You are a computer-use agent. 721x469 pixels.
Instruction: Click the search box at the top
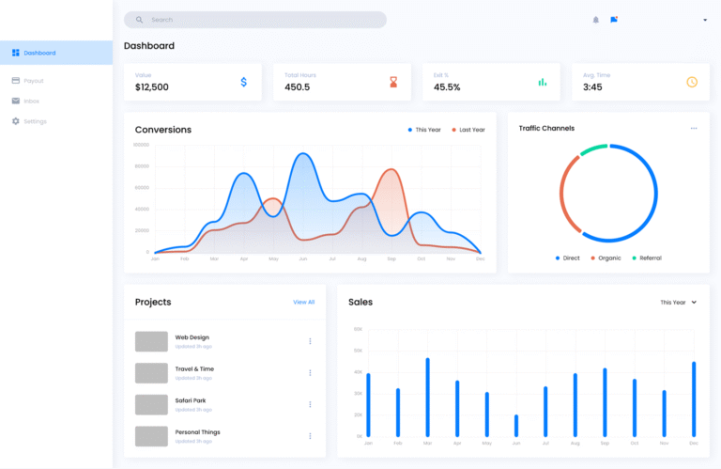(254, 20)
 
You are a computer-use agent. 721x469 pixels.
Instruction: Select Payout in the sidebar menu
(33, 81)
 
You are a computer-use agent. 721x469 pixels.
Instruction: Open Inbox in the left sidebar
(31, 101)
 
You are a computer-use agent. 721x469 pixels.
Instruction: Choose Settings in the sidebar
(34, 121)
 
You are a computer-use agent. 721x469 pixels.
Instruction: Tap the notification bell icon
(595, 20)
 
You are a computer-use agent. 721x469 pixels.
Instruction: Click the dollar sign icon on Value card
(244, 82)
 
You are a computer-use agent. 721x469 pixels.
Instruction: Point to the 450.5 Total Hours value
(298, 87)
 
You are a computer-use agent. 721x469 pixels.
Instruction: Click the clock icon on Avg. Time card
(692, 82)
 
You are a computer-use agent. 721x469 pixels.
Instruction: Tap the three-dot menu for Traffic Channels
(694, 128)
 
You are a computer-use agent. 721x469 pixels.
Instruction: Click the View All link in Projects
(303, 302)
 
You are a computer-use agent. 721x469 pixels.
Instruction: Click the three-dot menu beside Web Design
(310, 341)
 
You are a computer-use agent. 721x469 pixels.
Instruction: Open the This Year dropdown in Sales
(678, 303)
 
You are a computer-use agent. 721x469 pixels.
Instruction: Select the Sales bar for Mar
(427, 397)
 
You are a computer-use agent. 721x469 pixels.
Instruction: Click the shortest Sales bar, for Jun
(516, 425)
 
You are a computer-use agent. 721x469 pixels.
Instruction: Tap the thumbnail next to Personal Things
(151, 436)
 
